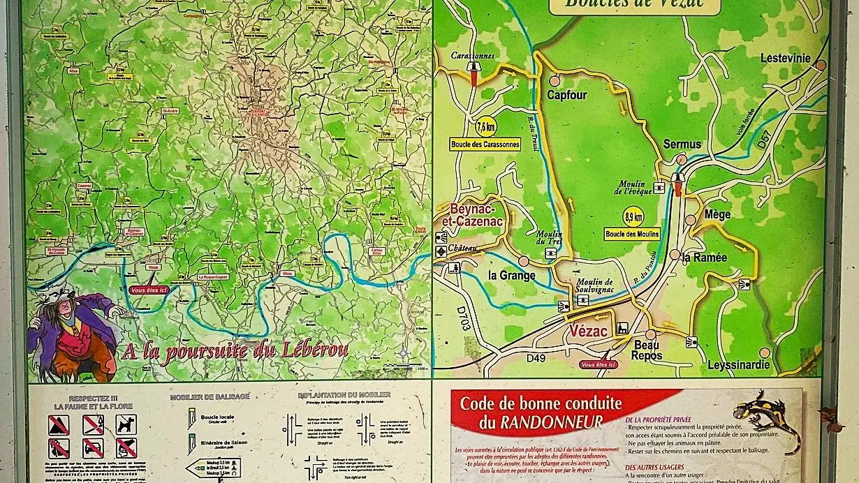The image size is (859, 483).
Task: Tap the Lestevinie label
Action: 785,58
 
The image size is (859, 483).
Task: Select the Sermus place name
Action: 682,144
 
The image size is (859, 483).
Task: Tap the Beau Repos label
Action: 647,351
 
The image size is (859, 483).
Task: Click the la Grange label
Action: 512,275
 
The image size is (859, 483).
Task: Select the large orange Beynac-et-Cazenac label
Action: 466,214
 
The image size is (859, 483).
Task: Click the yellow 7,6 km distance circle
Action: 485,127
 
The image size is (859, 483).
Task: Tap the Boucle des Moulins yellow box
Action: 633,234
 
